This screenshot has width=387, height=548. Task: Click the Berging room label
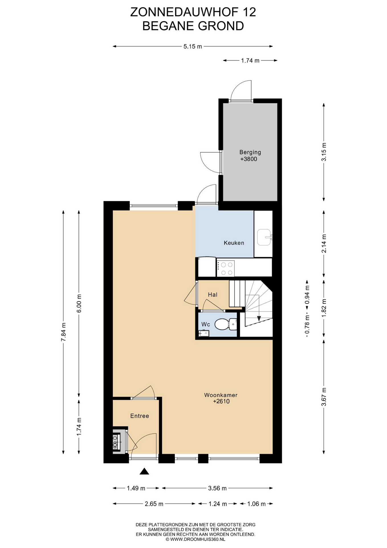click(x=250, y=152)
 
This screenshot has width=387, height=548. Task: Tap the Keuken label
click(x=234, y=243)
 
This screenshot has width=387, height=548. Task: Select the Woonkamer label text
click(x=221, y=395)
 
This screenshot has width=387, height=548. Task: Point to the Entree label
click(x=140, y=416)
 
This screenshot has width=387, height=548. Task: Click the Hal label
click(x=213, y=295)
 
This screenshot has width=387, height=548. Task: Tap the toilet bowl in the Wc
click(x=222, y=324)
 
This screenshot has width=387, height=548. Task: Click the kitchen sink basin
click(x=264, y=237)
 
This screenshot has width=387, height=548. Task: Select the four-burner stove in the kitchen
click(x=225, y=268)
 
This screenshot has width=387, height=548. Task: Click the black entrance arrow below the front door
click(x=144, y=471)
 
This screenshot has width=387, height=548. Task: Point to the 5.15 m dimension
click(x=193, y=47)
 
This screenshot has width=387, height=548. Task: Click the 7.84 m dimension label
click(x=64, y=332)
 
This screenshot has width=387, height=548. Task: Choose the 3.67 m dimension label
click(x=324, y=397)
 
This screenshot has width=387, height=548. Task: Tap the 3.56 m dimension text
click(x=217, y=488)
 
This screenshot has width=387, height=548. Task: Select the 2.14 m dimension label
click(x=324, y=243)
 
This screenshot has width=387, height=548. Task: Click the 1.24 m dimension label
click(x=218, y=504)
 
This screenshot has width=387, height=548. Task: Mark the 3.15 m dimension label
click(x=324, y=152)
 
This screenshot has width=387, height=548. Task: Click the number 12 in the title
click(x=250, y=12)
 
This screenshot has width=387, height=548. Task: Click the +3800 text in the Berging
click(x=249, y=159)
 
